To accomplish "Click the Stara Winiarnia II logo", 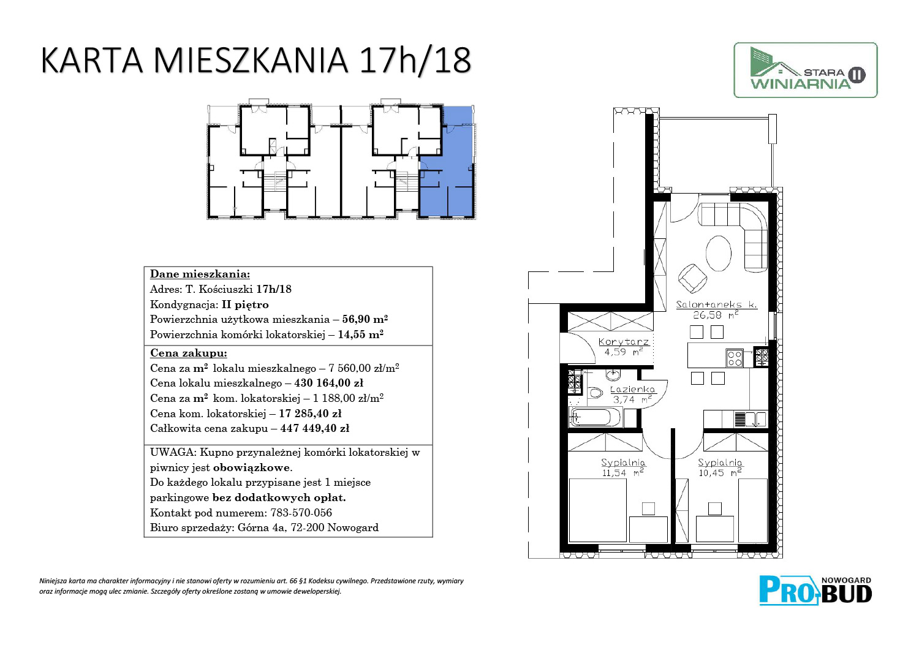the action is (x=806, y=70).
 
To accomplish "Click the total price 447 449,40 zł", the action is (x=315, y=428).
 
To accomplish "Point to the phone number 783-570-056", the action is (x=301, y=513).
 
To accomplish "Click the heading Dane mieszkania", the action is (x=200, y=274).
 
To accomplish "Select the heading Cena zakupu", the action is (x=188, y=353).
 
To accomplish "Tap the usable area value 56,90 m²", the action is (x=365, y=319).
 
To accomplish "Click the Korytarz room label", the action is (x=623, y=341).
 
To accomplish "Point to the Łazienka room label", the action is (x=632, y=389).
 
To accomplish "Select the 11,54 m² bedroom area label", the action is (x=622, y=473).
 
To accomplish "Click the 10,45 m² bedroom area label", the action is (x=720, y=473).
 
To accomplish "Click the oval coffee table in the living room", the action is (x=719, y=253).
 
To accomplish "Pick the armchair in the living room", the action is (x=692, y=278).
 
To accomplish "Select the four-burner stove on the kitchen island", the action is (x=734, y=357).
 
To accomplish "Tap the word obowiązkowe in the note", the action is (x=251, y=467).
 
